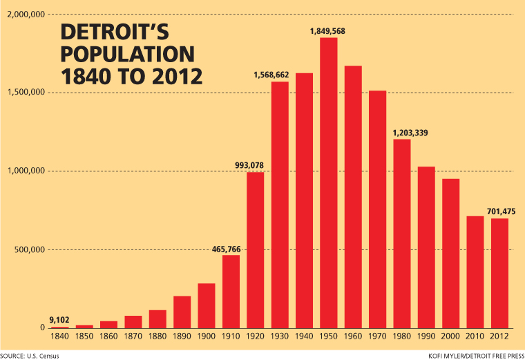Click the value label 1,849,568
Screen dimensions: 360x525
(x=329, y=30)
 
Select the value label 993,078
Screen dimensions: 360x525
(x=255, y=165)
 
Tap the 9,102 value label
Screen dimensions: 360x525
(x=60, y=320)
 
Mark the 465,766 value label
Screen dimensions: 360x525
(x=231, y=249)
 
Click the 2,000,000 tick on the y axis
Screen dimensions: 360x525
(x=25, y=15)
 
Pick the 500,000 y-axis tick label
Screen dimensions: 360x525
(x=29, y=249)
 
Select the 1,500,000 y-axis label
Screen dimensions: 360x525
(x=25, y=93)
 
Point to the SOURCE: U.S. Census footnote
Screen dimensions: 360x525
(x=30, y=355)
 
